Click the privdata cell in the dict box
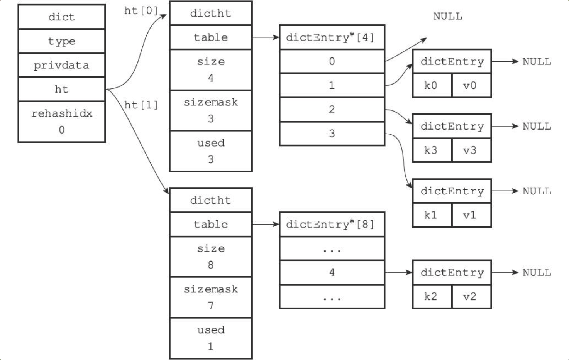(x=62, y=65)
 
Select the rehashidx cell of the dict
(x=62, y=122)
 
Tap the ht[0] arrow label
(x=141, y=11)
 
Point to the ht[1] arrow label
(x=141, y=105)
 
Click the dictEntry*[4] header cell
(x=332, y=37)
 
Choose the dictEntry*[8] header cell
(x=332, y=225)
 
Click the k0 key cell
(x=432, y=85)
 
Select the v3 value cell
(x=471, y=150)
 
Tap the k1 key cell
(x=432, y=215)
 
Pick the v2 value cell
(x=471, y=296)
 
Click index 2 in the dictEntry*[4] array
(x=332, y=110)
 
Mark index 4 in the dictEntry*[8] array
(x=332, y=272)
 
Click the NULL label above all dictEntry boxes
(x=447, y=16)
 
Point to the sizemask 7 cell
(x=211, y=297)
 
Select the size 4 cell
(x=211, y=70)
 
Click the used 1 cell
(x=211, y=338)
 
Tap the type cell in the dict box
(x=62, y=41)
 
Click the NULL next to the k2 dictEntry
(x=537, y=273)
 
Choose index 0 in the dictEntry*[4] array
(x=332, y=61)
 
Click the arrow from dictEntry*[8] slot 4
(x=398, y=273)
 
